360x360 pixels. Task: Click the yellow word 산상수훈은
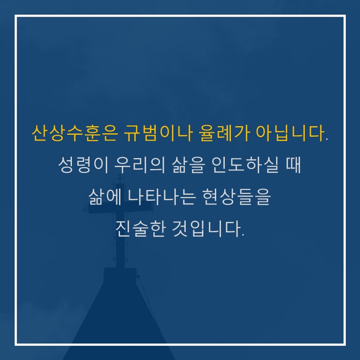(x=75, y=133)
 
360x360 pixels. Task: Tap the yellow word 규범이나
(x=158, y=133)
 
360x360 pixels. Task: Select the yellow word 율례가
(x=224, y=133)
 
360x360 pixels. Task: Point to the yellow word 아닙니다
(x=290, y=133)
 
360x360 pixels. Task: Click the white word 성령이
(x=83, y=165)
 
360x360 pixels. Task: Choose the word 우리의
(x=140, y=165)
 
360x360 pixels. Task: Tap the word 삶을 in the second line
(x=188, y=165)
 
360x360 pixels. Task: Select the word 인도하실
(x=245, y=165)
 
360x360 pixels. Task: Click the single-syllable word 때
(x=293, y=165)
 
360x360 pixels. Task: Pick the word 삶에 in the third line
(x=105, y=197)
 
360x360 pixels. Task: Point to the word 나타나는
(x=162, y=197)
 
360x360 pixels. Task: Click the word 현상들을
(x=237, y=197)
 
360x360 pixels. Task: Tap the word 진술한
(x=140, y=229)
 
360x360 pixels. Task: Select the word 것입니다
(x=206, y=229)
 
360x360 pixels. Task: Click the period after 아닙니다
(x=327, y=140)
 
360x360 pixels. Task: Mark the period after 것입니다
(x=243, y=235)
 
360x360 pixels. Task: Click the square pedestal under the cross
(x=120, y=275)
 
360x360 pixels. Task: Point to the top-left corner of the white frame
(x=16, y=16)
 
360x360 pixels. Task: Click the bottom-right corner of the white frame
(x=345, y=344)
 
